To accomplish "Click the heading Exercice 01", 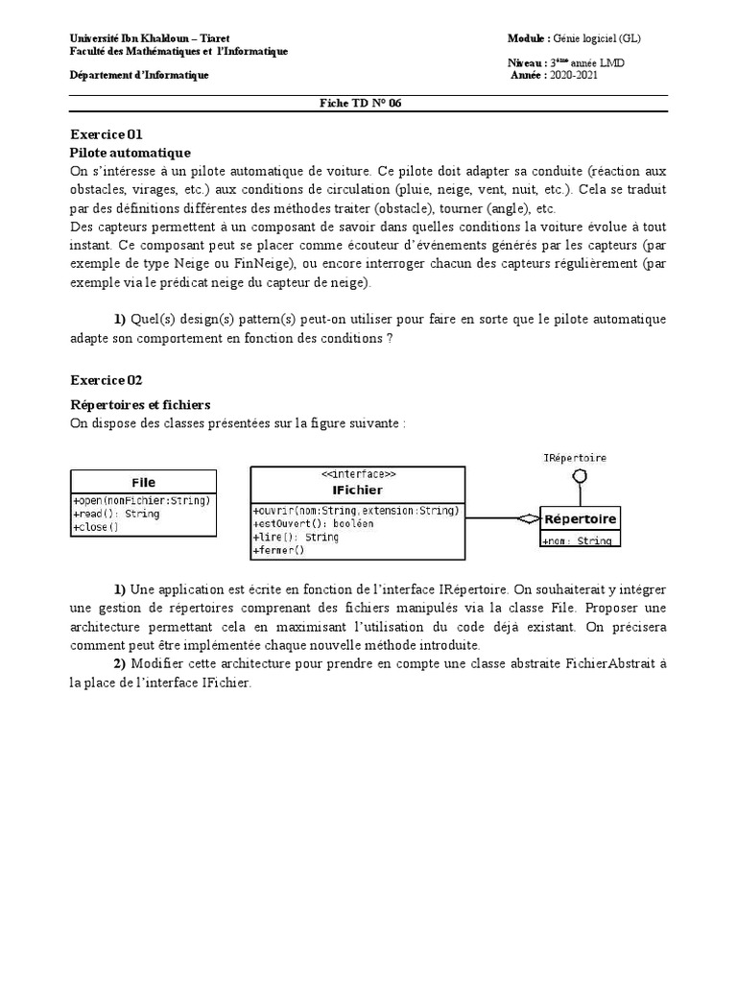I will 107,134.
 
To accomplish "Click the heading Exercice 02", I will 107,380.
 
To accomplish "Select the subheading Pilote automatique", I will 131,153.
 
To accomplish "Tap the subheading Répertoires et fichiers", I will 140,405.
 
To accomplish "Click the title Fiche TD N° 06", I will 361,104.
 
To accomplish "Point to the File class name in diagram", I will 143,482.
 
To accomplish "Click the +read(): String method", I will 116,514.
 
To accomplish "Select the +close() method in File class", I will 96,527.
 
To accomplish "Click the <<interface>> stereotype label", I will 357,474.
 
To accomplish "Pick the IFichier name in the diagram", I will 357,489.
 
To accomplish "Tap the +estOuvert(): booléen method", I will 300,523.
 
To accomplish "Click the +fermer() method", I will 278,550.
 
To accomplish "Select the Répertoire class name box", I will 581,519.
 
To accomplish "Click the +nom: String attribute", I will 577,540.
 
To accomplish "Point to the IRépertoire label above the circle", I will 575,458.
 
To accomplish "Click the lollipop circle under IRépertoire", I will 580,476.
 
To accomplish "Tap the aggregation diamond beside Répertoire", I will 527,518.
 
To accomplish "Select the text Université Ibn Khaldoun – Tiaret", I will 150,38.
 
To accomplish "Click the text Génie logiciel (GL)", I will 598,38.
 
